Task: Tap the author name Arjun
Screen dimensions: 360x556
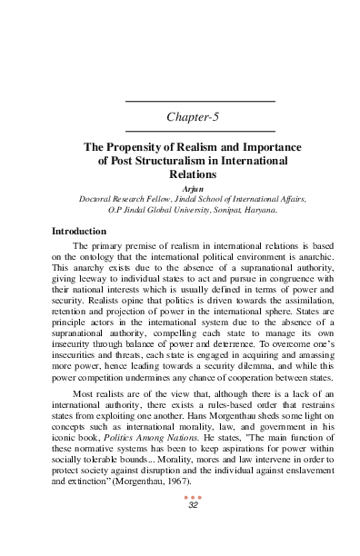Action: (x=198, y=186)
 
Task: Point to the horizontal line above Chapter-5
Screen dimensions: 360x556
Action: (x=199, y=100)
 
